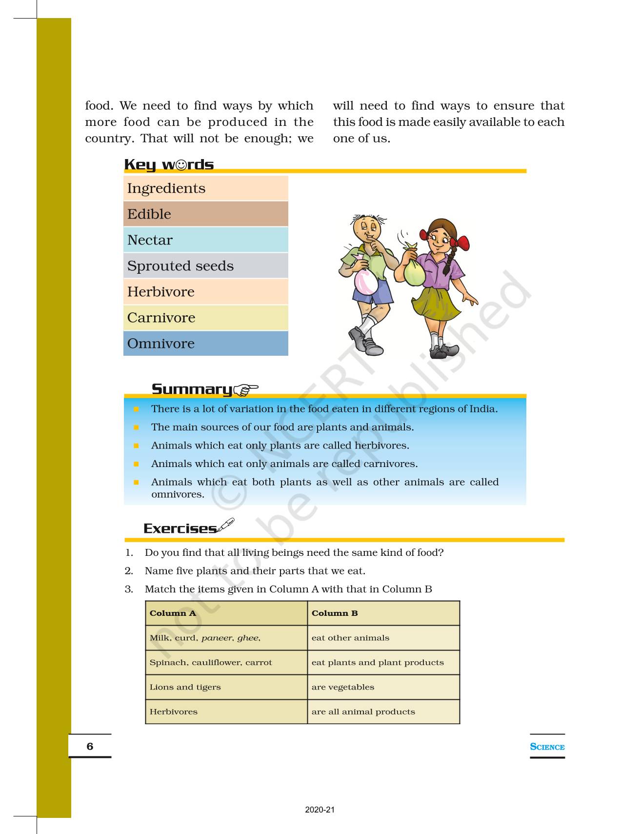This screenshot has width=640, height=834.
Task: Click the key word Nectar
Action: tap(150, 240)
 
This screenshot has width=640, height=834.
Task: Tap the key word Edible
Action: tap(149, 214)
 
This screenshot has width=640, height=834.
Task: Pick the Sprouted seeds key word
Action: tap(180, 266)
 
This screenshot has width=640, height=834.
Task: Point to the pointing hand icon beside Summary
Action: tap(245, 389)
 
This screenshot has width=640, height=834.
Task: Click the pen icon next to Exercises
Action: tap(225, 525)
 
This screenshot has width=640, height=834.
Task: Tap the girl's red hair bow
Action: tap(460, 242)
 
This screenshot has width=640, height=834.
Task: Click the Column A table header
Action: tap(173, 613)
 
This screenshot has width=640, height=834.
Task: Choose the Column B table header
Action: tap(335, 613)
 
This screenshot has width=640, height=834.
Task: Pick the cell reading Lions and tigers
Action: tap(185, 687)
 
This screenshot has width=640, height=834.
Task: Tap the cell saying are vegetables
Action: tap(343, 687)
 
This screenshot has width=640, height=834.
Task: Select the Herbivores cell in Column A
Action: tap(174, 712)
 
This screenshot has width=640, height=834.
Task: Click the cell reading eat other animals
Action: tap(350, 638)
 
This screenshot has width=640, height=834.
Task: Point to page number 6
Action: tap(90, 746)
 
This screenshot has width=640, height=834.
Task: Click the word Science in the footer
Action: tap(547, 747)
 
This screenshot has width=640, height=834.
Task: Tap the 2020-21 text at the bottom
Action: tap(320, 810)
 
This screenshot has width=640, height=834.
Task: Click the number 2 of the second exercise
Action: tap(129, 571)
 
